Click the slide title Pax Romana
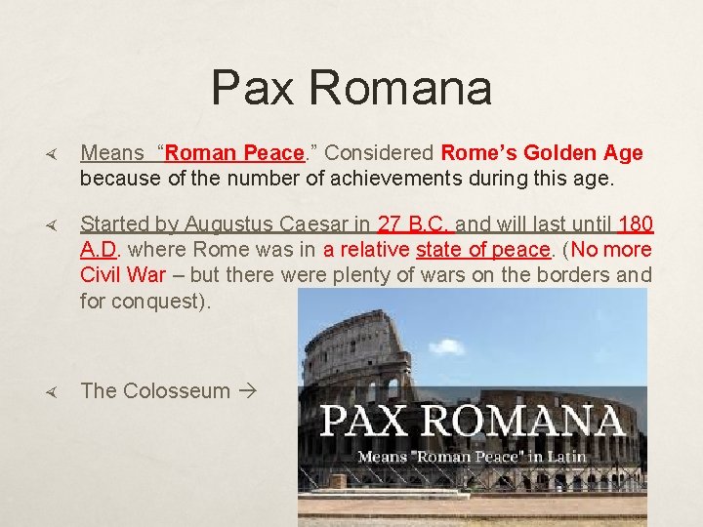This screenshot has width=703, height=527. point(351,88)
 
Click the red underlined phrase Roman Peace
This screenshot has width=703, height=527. point(235,153)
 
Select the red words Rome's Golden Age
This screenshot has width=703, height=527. point(542,153)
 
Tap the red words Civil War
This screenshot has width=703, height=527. point(123,275)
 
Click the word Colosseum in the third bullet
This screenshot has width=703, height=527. point(176,390)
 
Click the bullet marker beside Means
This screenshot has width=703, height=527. point(55,154)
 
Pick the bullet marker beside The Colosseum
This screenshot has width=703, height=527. point(55,391)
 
